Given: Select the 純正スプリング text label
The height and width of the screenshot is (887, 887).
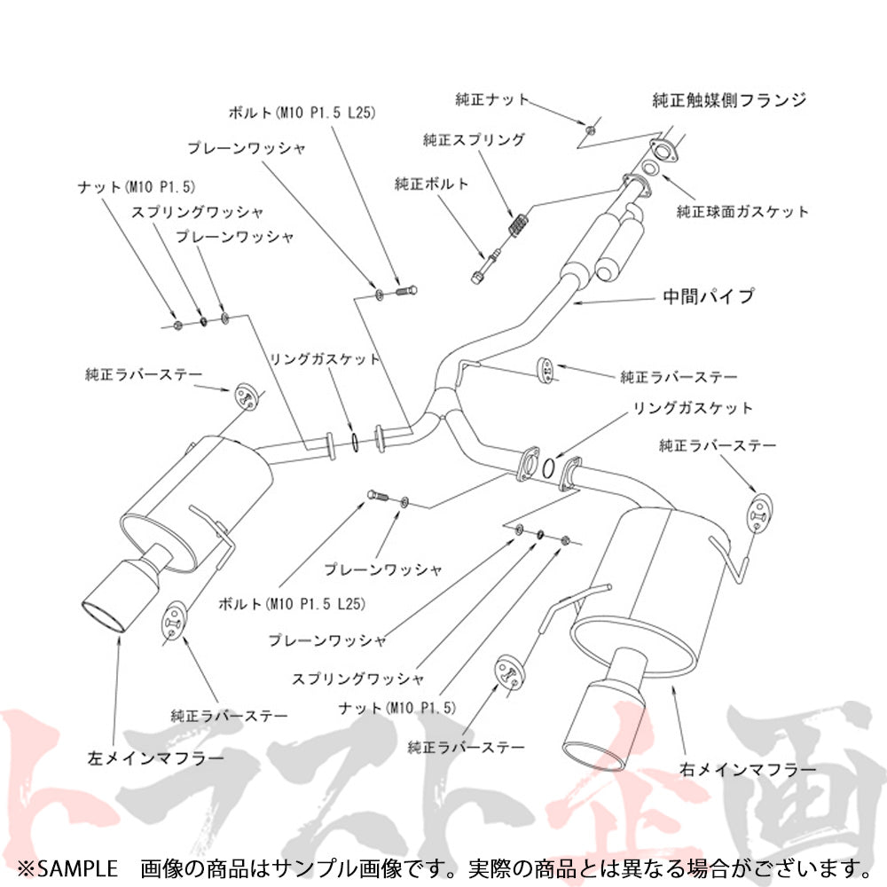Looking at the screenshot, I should [474, 140].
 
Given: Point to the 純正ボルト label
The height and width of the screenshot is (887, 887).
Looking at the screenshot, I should [431, 184].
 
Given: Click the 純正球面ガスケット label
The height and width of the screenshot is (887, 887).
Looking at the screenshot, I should [743, 212].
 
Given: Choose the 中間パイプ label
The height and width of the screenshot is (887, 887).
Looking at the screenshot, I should [709, 296].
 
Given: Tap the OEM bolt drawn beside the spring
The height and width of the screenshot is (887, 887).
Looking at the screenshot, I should [483, 264].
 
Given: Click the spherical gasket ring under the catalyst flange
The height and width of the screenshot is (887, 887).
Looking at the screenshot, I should [650, 169].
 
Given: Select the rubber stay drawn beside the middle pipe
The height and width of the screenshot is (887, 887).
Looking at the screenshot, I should [548, 371].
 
